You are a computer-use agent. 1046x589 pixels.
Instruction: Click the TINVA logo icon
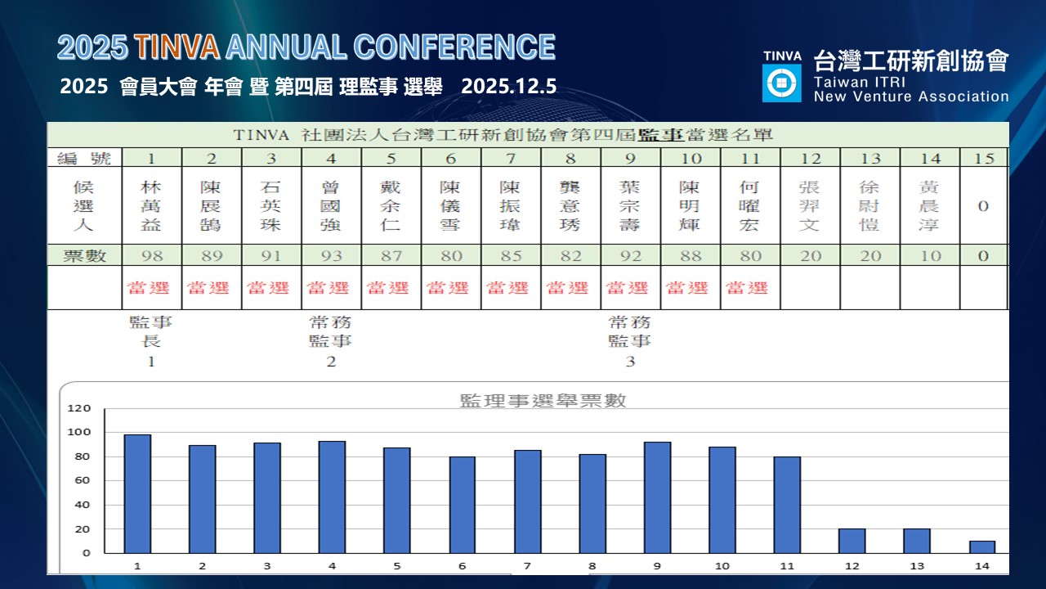pos(781,83)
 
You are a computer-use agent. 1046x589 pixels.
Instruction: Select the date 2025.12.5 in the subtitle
pos(509,87)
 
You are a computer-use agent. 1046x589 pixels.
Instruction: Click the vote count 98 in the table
pos(152,255)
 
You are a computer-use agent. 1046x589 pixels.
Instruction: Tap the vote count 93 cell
pos(331,255)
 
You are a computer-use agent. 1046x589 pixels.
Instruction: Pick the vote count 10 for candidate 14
pos(929,255)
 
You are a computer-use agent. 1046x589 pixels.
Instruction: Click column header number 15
pos(983,158)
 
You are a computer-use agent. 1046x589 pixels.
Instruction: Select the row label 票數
pos(85,255)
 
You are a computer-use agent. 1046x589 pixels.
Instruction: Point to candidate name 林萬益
pos(152,206)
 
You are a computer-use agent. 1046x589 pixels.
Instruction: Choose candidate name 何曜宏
pos(749,206)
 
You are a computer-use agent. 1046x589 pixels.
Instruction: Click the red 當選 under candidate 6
pos(450,288)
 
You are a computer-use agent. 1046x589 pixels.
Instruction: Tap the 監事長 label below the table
pos(151,331)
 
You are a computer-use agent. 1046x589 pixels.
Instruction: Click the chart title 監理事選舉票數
pos(543,400)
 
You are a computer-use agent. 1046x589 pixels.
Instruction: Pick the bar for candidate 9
pos(657,497)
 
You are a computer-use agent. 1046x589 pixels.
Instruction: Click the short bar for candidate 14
pos(981,546)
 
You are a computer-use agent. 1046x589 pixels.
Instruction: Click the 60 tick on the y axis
pos(84,480)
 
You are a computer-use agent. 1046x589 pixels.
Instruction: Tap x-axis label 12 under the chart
pos(851,565)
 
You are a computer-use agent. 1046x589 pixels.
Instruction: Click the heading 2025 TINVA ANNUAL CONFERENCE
pos(306,47)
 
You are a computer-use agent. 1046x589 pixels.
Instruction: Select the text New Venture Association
pos(911,97)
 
